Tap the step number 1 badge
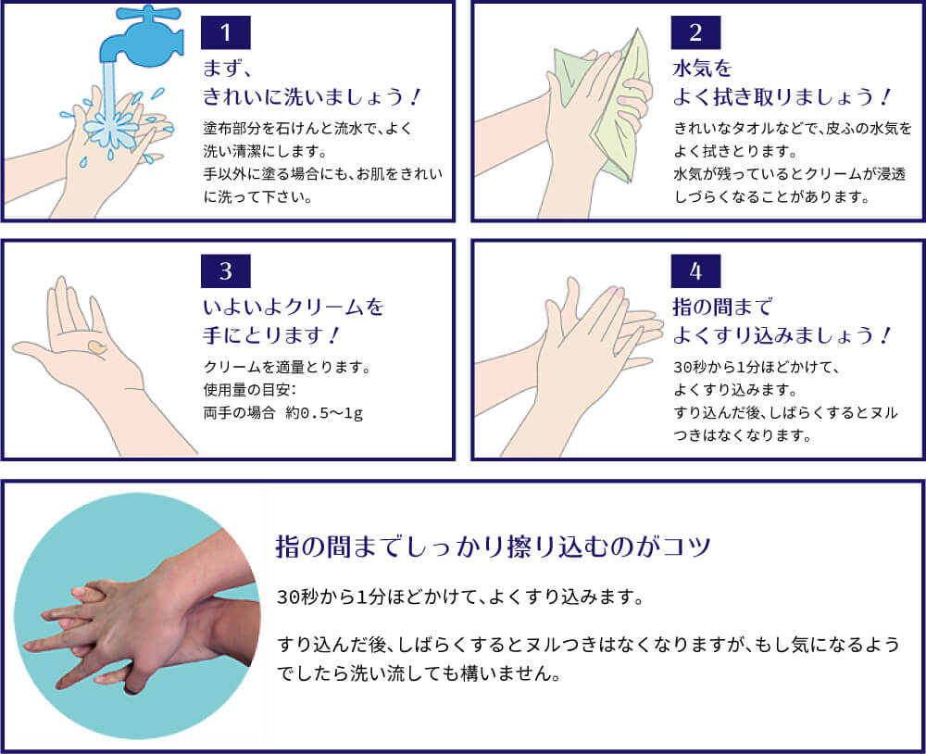pos(226,34)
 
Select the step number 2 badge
pos(696,34)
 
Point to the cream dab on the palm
pos(96,347)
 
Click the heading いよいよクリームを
pos(293,306)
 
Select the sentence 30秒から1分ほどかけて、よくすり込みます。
pos(460,597)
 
